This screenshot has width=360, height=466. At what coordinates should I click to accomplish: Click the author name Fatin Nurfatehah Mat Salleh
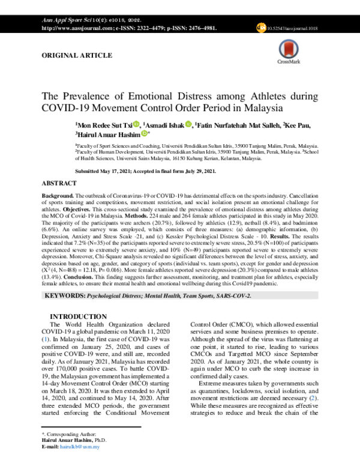pos(227,124)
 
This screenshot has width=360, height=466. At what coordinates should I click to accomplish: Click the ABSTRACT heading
pos(60,181)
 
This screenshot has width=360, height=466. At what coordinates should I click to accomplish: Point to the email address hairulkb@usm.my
pos(86,446)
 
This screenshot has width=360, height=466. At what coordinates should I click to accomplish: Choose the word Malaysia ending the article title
pos(262,109)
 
